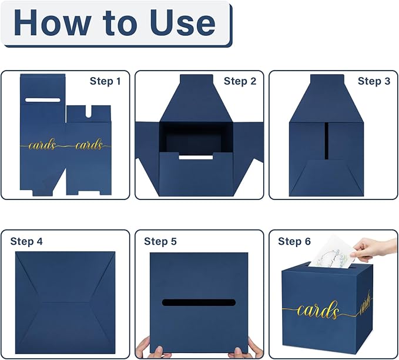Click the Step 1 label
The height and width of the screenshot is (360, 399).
(x=105, y=81)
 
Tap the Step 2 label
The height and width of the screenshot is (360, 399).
(x=240, y=81)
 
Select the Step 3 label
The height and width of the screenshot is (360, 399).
(x=374, y=81)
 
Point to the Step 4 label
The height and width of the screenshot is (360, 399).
(x=26, y=241)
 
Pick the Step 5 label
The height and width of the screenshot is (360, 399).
(x=160, y=241)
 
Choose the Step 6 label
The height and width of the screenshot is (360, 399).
(x=294, y=241)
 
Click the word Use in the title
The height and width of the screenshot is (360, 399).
(x=182, y=23)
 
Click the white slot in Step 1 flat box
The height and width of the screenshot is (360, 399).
(x=43, y=100)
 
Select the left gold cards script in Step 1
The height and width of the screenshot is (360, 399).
(x=42, y=145)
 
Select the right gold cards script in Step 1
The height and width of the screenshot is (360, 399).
(x=89, y=145)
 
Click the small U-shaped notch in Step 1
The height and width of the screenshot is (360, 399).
(x=89, y=112)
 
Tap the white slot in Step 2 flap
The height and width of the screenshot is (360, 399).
(x=196, y=157)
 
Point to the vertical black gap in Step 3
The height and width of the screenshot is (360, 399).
(x=327, y=141)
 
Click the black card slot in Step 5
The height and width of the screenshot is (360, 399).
(x=199, y=303)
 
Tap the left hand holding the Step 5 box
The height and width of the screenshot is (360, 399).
(x=149, y=348)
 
